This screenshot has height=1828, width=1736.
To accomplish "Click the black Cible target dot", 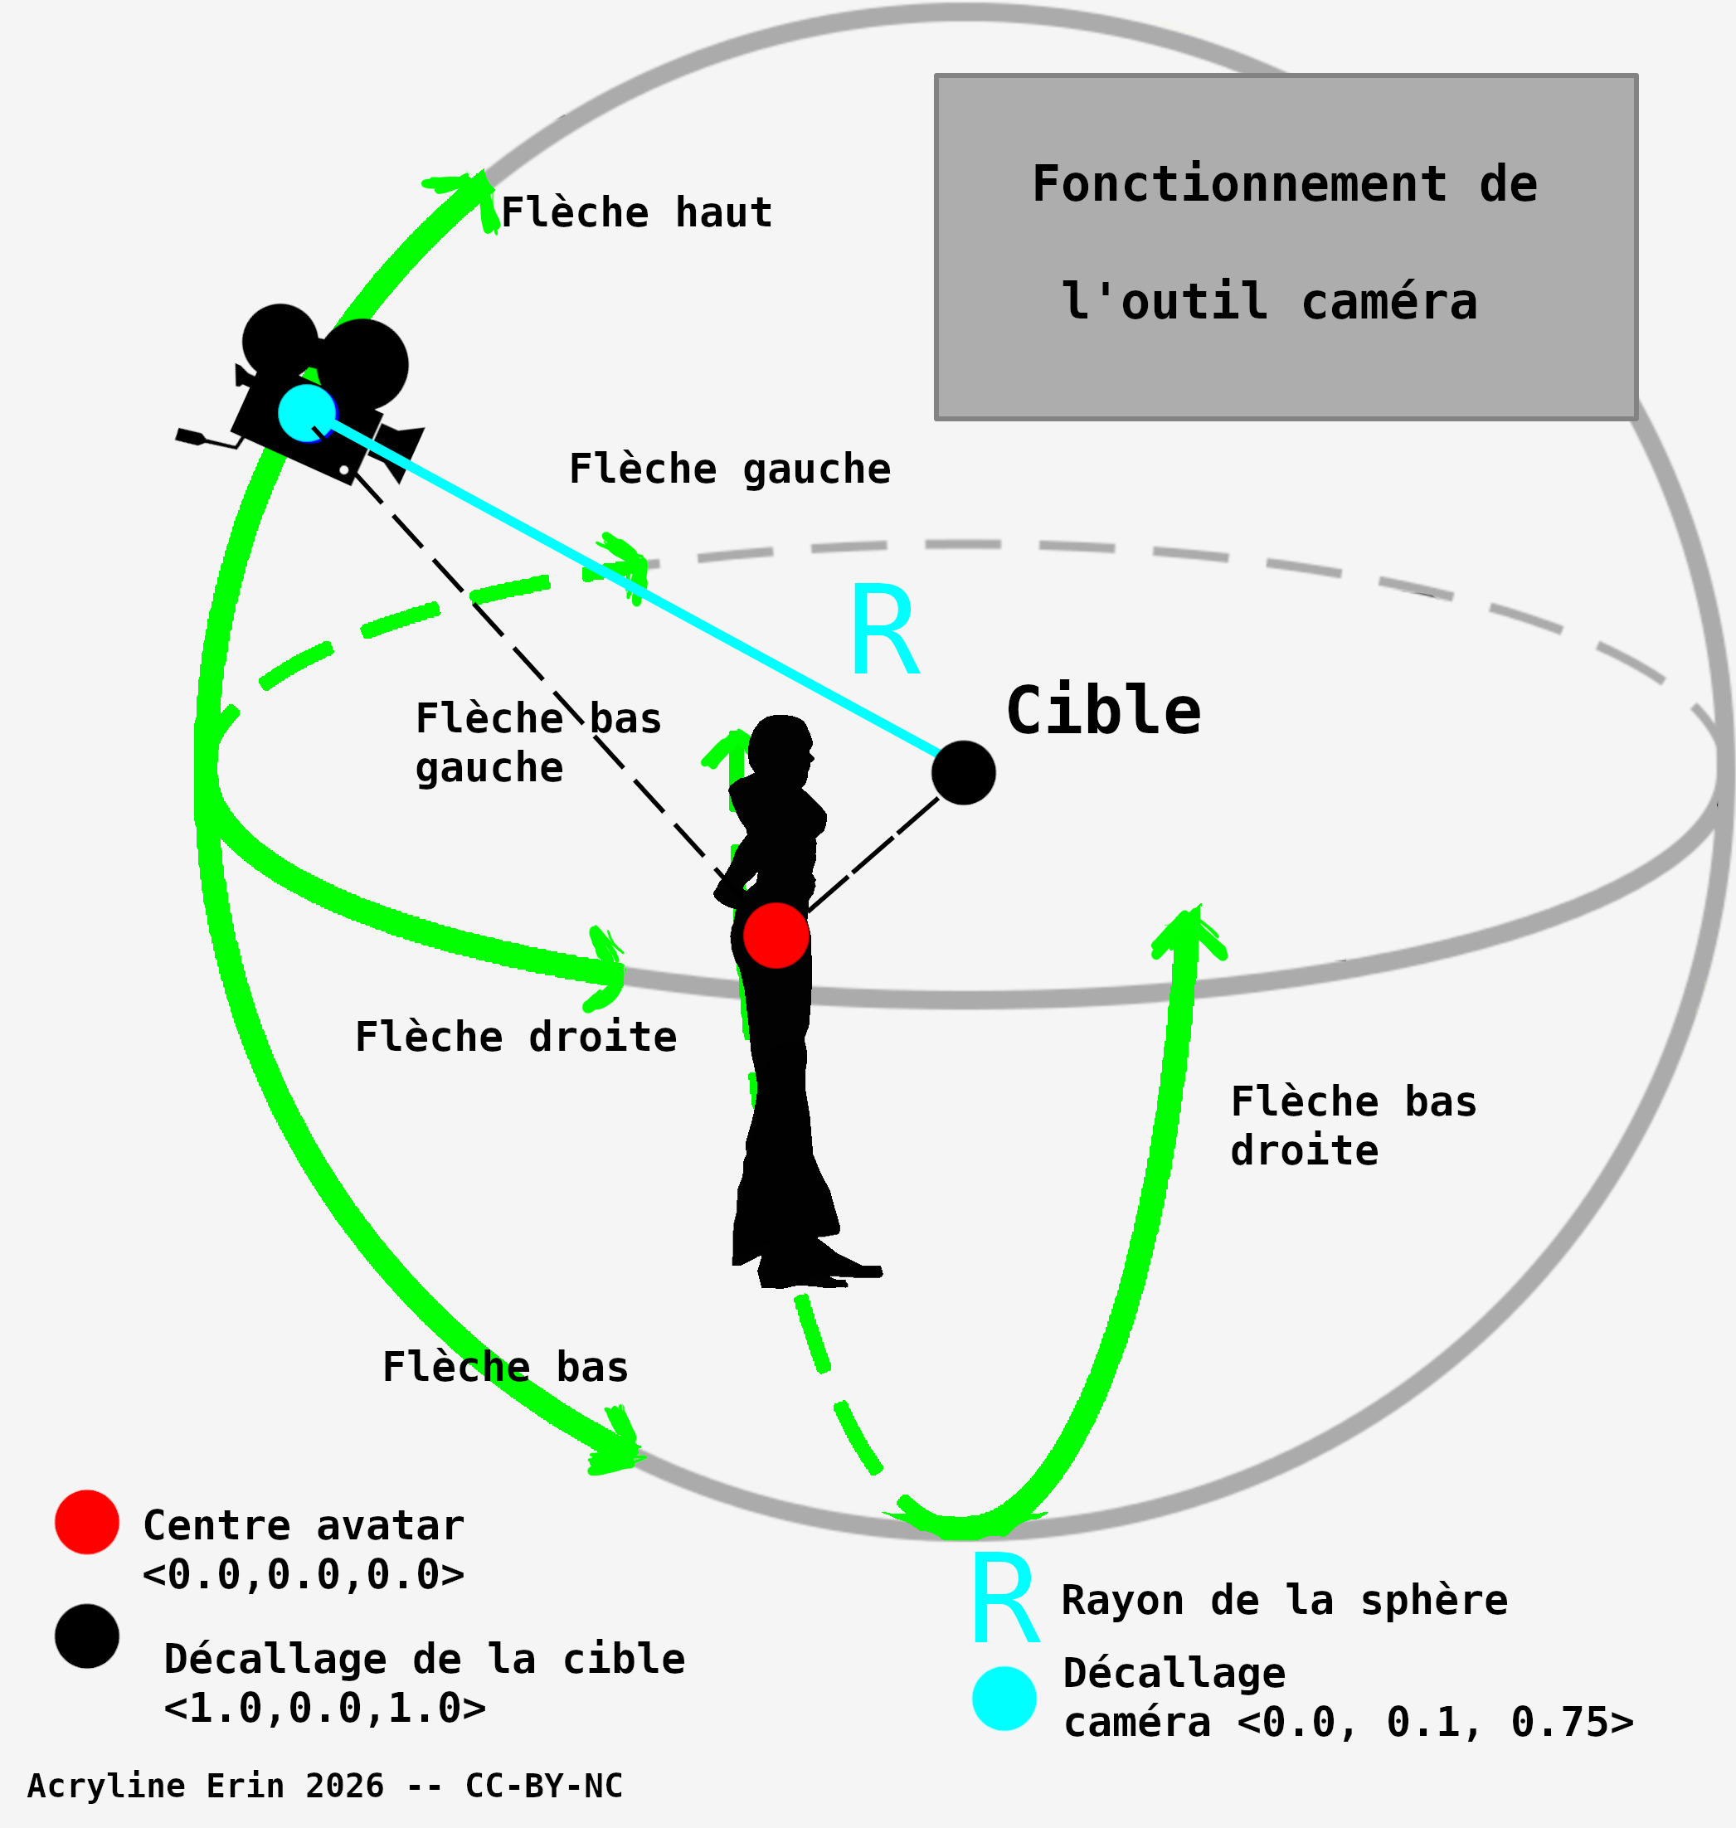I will pyautogui.click(x=963, y=772).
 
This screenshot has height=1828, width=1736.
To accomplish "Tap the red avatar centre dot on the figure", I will pyautogui.click(x=776, y=936).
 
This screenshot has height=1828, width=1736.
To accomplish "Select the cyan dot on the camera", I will pyautogui.click(x=306, y=412).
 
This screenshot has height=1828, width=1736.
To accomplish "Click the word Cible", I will pyautogui.click(x=1103, y=712).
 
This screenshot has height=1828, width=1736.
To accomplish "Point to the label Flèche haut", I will pyautogui.click(x=637, y=213).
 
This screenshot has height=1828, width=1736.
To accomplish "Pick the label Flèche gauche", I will pyautogui.click(x=729, y=469).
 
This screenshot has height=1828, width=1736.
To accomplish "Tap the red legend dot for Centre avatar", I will pyautogui.click(x=87, y=1522).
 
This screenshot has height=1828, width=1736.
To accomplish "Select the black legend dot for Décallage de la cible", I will pyautogui.click(x=87, y=1636).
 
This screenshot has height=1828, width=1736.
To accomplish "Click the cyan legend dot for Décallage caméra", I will pyautogui.click(x=1004, y=1698).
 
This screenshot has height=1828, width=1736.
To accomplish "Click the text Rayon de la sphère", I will pyautogui.click(x=1285, y=1601).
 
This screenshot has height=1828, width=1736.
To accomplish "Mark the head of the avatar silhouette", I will pyautogui.click(x=780, y=744).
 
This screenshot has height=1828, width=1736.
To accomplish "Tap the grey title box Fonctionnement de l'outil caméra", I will pyautogui.click(x=1286, y=247).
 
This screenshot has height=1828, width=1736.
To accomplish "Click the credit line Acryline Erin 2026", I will pyautogui.click(x=323, y=1786).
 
